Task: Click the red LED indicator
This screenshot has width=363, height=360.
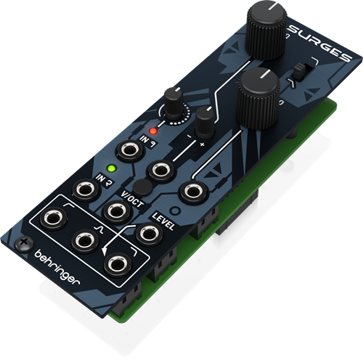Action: tap(152, 131)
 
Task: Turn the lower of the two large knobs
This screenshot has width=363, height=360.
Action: tap(257, 94)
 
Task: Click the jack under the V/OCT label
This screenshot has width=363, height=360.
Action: tap(115, 211)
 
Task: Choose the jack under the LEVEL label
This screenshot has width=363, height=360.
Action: tap(149, 233)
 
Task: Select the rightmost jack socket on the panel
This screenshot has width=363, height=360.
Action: tap(192, 192)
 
